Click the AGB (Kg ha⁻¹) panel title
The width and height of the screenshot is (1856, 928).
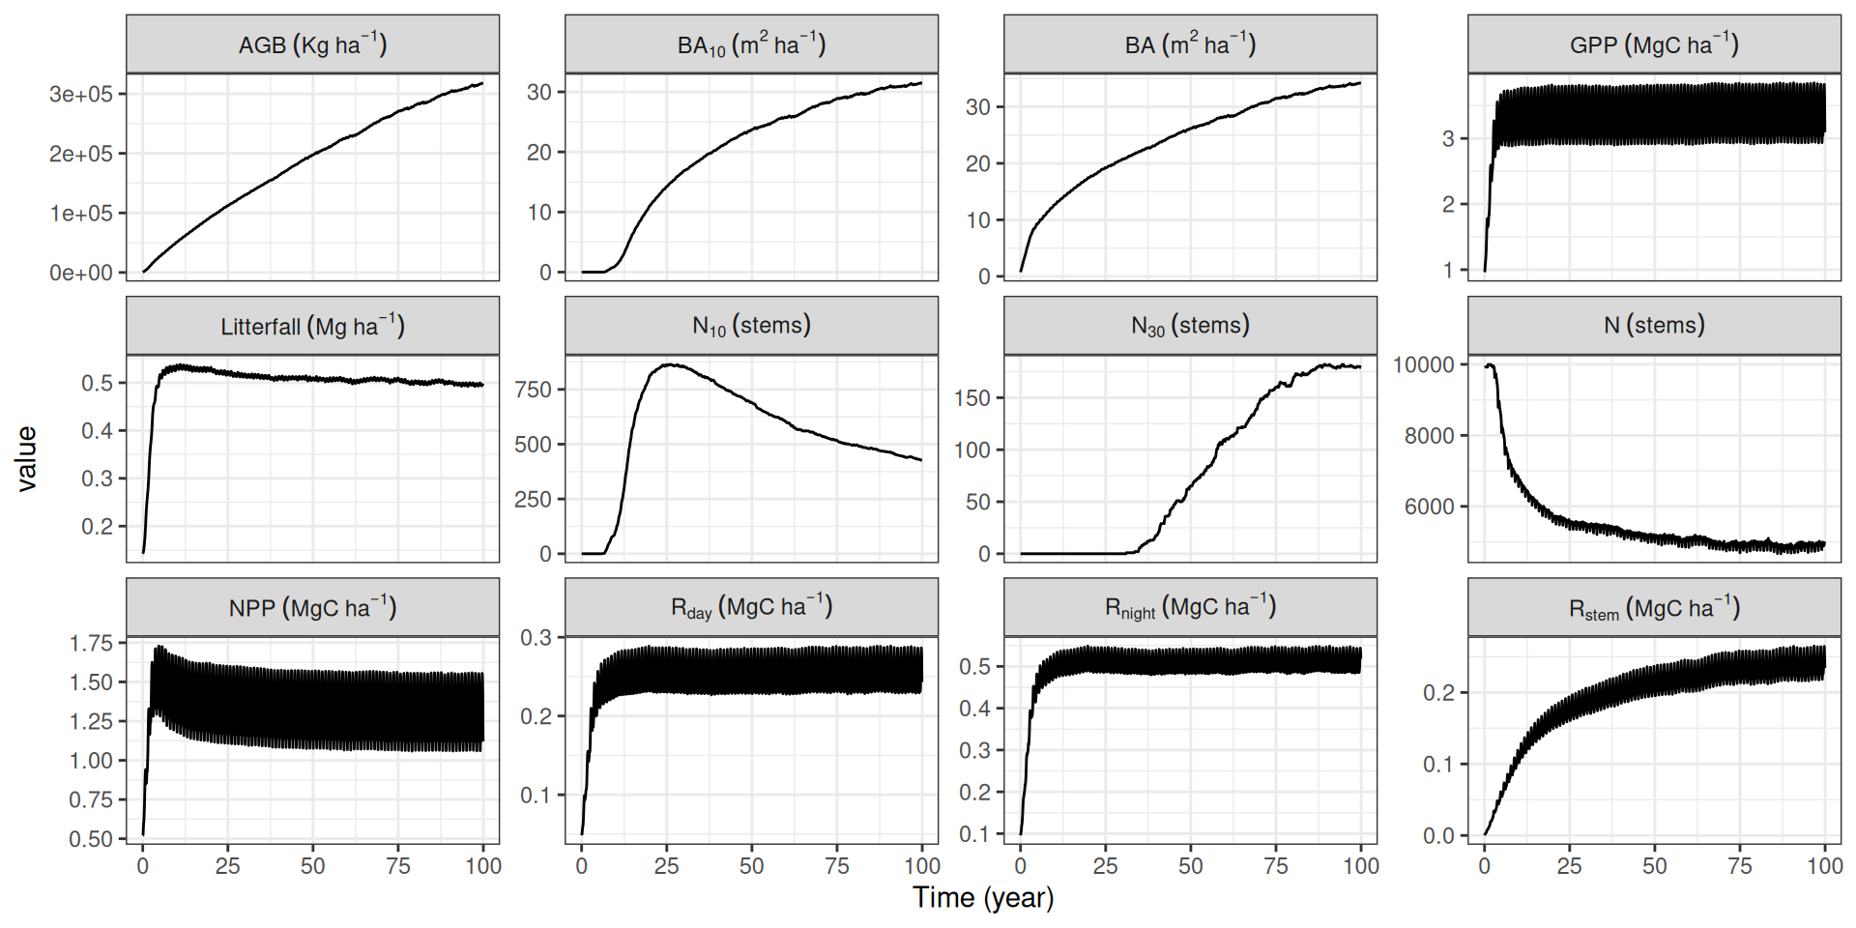(312, 44)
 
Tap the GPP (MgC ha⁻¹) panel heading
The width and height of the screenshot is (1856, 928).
(1654, 44)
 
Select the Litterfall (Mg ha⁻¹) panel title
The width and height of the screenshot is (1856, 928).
(312, 326)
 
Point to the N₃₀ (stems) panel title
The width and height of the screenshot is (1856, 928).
(1190, 326)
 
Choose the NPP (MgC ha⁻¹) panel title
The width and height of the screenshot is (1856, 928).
(312, 608)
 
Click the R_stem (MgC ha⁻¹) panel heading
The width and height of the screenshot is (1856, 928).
(1654, 608)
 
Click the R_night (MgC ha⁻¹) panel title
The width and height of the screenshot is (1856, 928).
(1190, 608)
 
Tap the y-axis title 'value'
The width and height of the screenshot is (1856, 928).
(26, 459)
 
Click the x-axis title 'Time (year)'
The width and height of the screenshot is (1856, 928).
(983, 898)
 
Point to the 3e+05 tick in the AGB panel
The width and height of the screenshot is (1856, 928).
(81, 94)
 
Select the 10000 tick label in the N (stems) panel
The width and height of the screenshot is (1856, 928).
(1423, 364)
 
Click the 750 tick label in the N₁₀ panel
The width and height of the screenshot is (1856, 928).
(533, 390)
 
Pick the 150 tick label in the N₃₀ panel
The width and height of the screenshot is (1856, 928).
(971, 398)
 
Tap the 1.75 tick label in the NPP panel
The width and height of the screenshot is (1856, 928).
(91, 643)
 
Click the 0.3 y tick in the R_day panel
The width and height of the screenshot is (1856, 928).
(536, 638)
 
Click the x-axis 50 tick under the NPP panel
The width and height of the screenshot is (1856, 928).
(312, 866)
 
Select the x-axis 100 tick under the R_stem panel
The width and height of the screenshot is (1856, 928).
(1824, 866)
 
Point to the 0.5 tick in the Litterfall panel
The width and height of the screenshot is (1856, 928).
(97, 383)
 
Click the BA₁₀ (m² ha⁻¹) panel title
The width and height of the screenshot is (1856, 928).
(751, 44)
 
